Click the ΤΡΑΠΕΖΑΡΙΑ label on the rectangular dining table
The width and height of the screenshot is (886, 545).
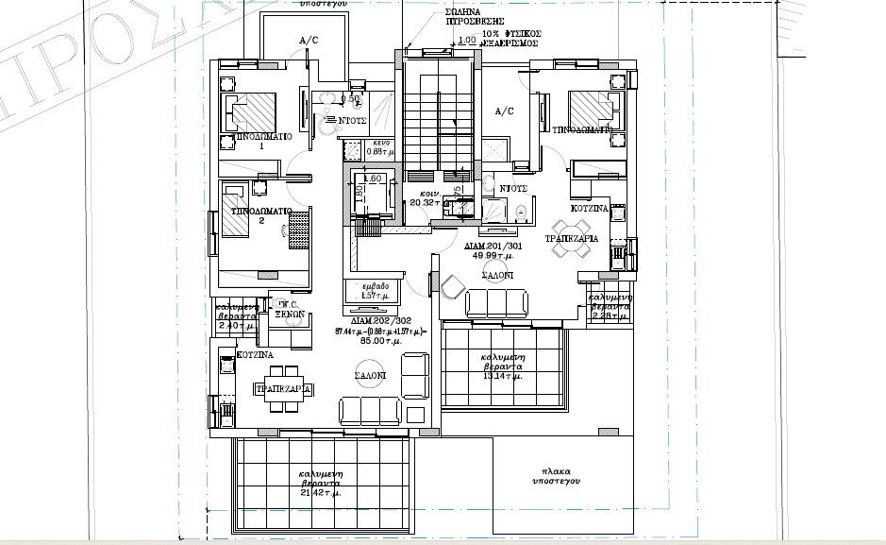click(x=284, y=388)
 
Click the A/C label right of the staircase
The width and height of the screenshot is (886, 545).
click(x=503, y=111)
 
